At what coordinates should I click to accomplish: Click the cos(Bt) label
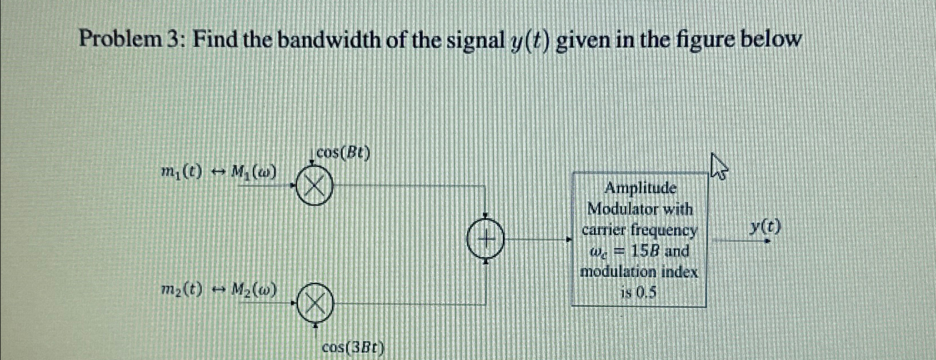343,153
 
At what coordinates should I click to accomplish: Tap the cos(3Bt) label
353,348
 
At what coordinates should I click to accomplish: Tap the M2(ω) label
253,289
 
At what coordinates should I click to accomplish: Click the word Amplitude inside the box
640,188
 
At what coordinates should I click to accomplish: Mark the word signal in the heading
475,40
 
